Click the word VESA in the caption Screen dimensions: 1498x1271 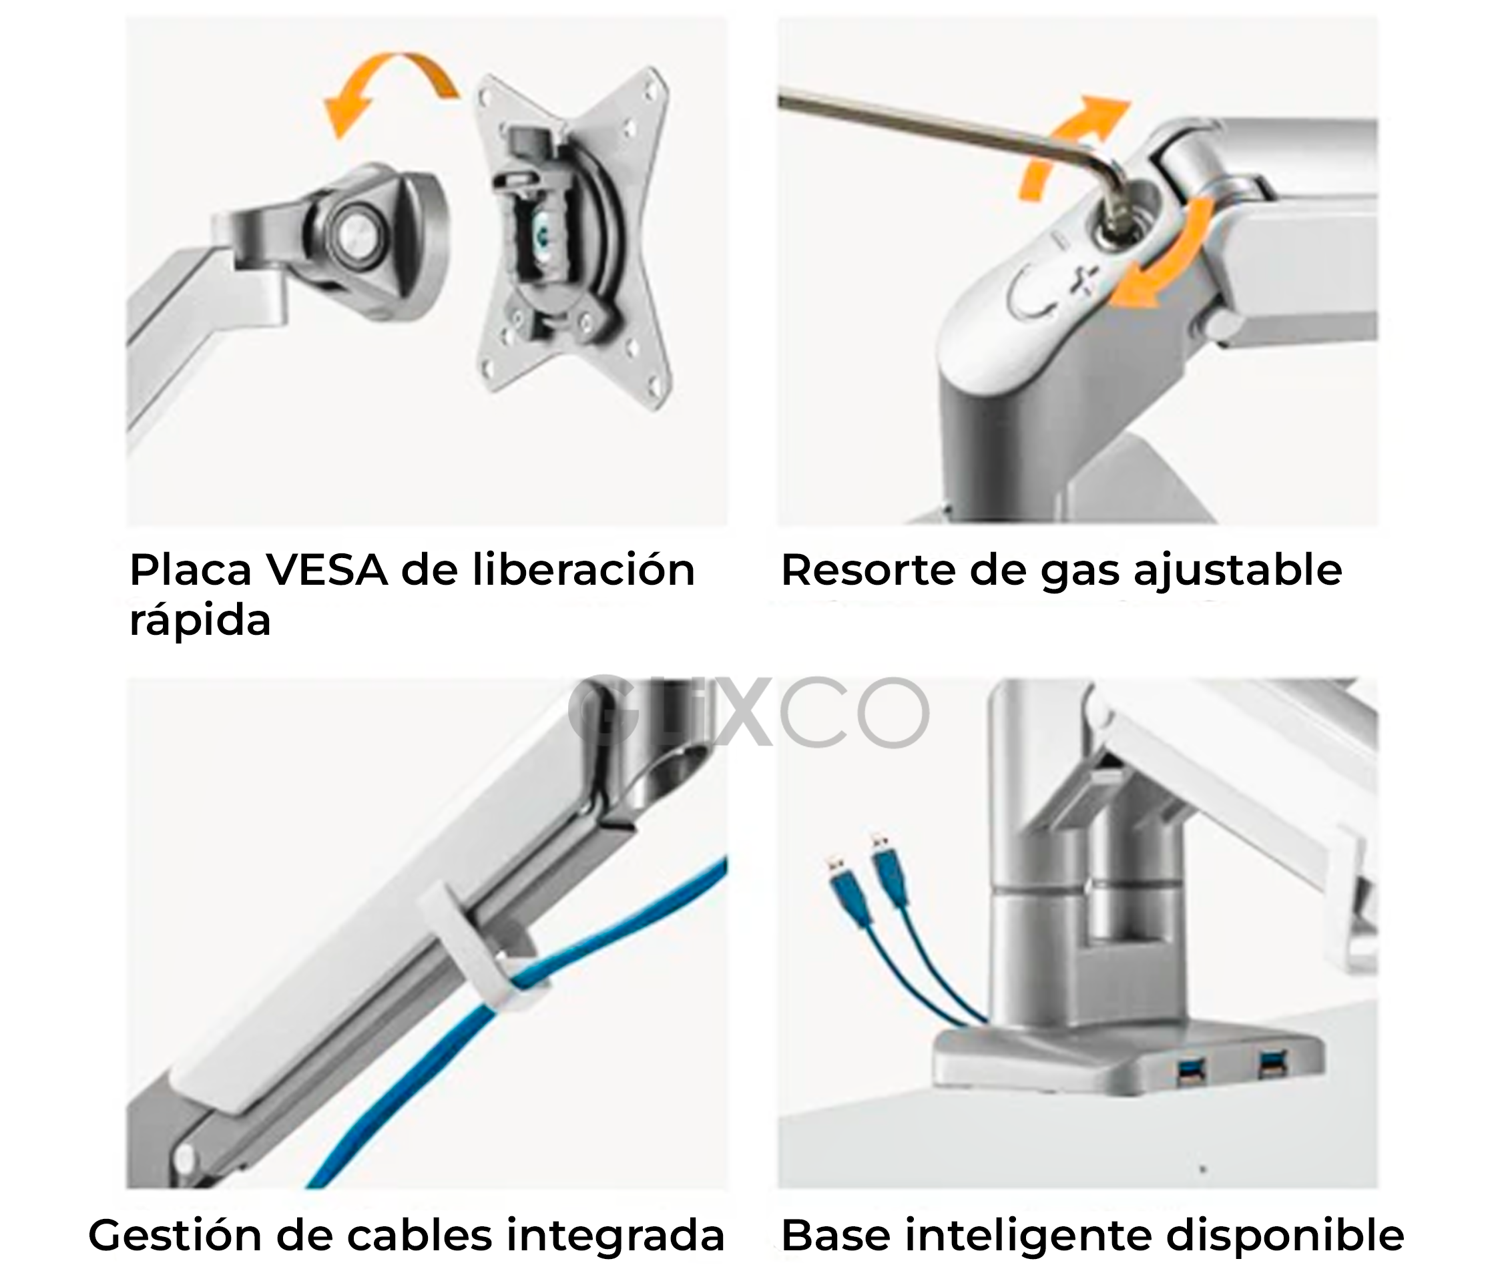click(x=326, y=570)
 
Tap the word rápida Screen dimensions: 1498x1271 click(x=200, y=620)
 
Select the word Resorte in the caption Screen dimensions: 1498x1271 click(x=870, y=570)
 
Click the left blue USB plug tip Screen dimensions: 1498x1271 click(x=835, y=864)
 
